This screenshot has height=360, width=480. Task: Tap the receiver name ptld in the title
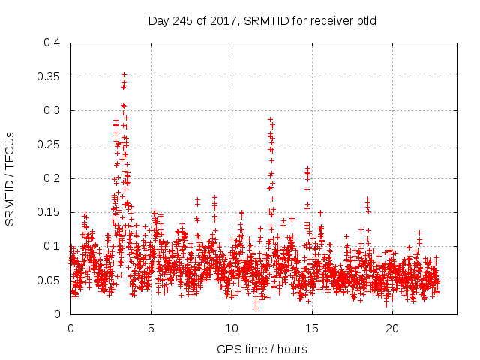(364, 21)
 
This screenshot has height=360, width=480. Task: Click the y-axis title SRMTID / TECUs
(10, 178)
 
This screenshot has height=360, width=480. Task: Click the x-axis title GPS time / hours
(262, 349)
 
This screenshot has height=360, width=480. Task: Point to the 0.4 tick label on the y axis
(52, 43)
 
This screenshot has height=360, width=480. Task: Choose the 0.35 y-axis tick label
(49, 76)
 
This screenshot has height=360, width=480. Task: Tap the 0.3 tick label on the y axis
(52, 110)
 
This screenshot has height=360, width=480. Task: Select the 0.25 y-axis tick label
(49, 145)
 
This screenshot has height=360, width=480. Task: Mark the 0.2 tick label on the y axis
(52, 178)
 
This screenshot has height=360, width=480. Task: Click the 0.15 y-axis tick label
(49, 212)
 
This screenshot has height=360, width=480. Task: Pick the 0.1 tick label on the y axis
(52, 246)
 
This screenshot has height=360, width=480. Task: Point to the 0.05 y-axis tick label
(49, 280)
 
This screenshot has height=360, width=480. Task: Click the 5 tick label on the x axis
(151, 328)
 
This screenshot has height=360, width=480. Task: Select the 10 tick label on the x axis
(232, 328)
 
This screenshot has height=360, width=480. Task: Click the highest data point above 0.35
(124, 75)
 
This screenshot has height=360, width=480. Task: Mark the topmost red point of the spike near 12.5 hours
(270, 119)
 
